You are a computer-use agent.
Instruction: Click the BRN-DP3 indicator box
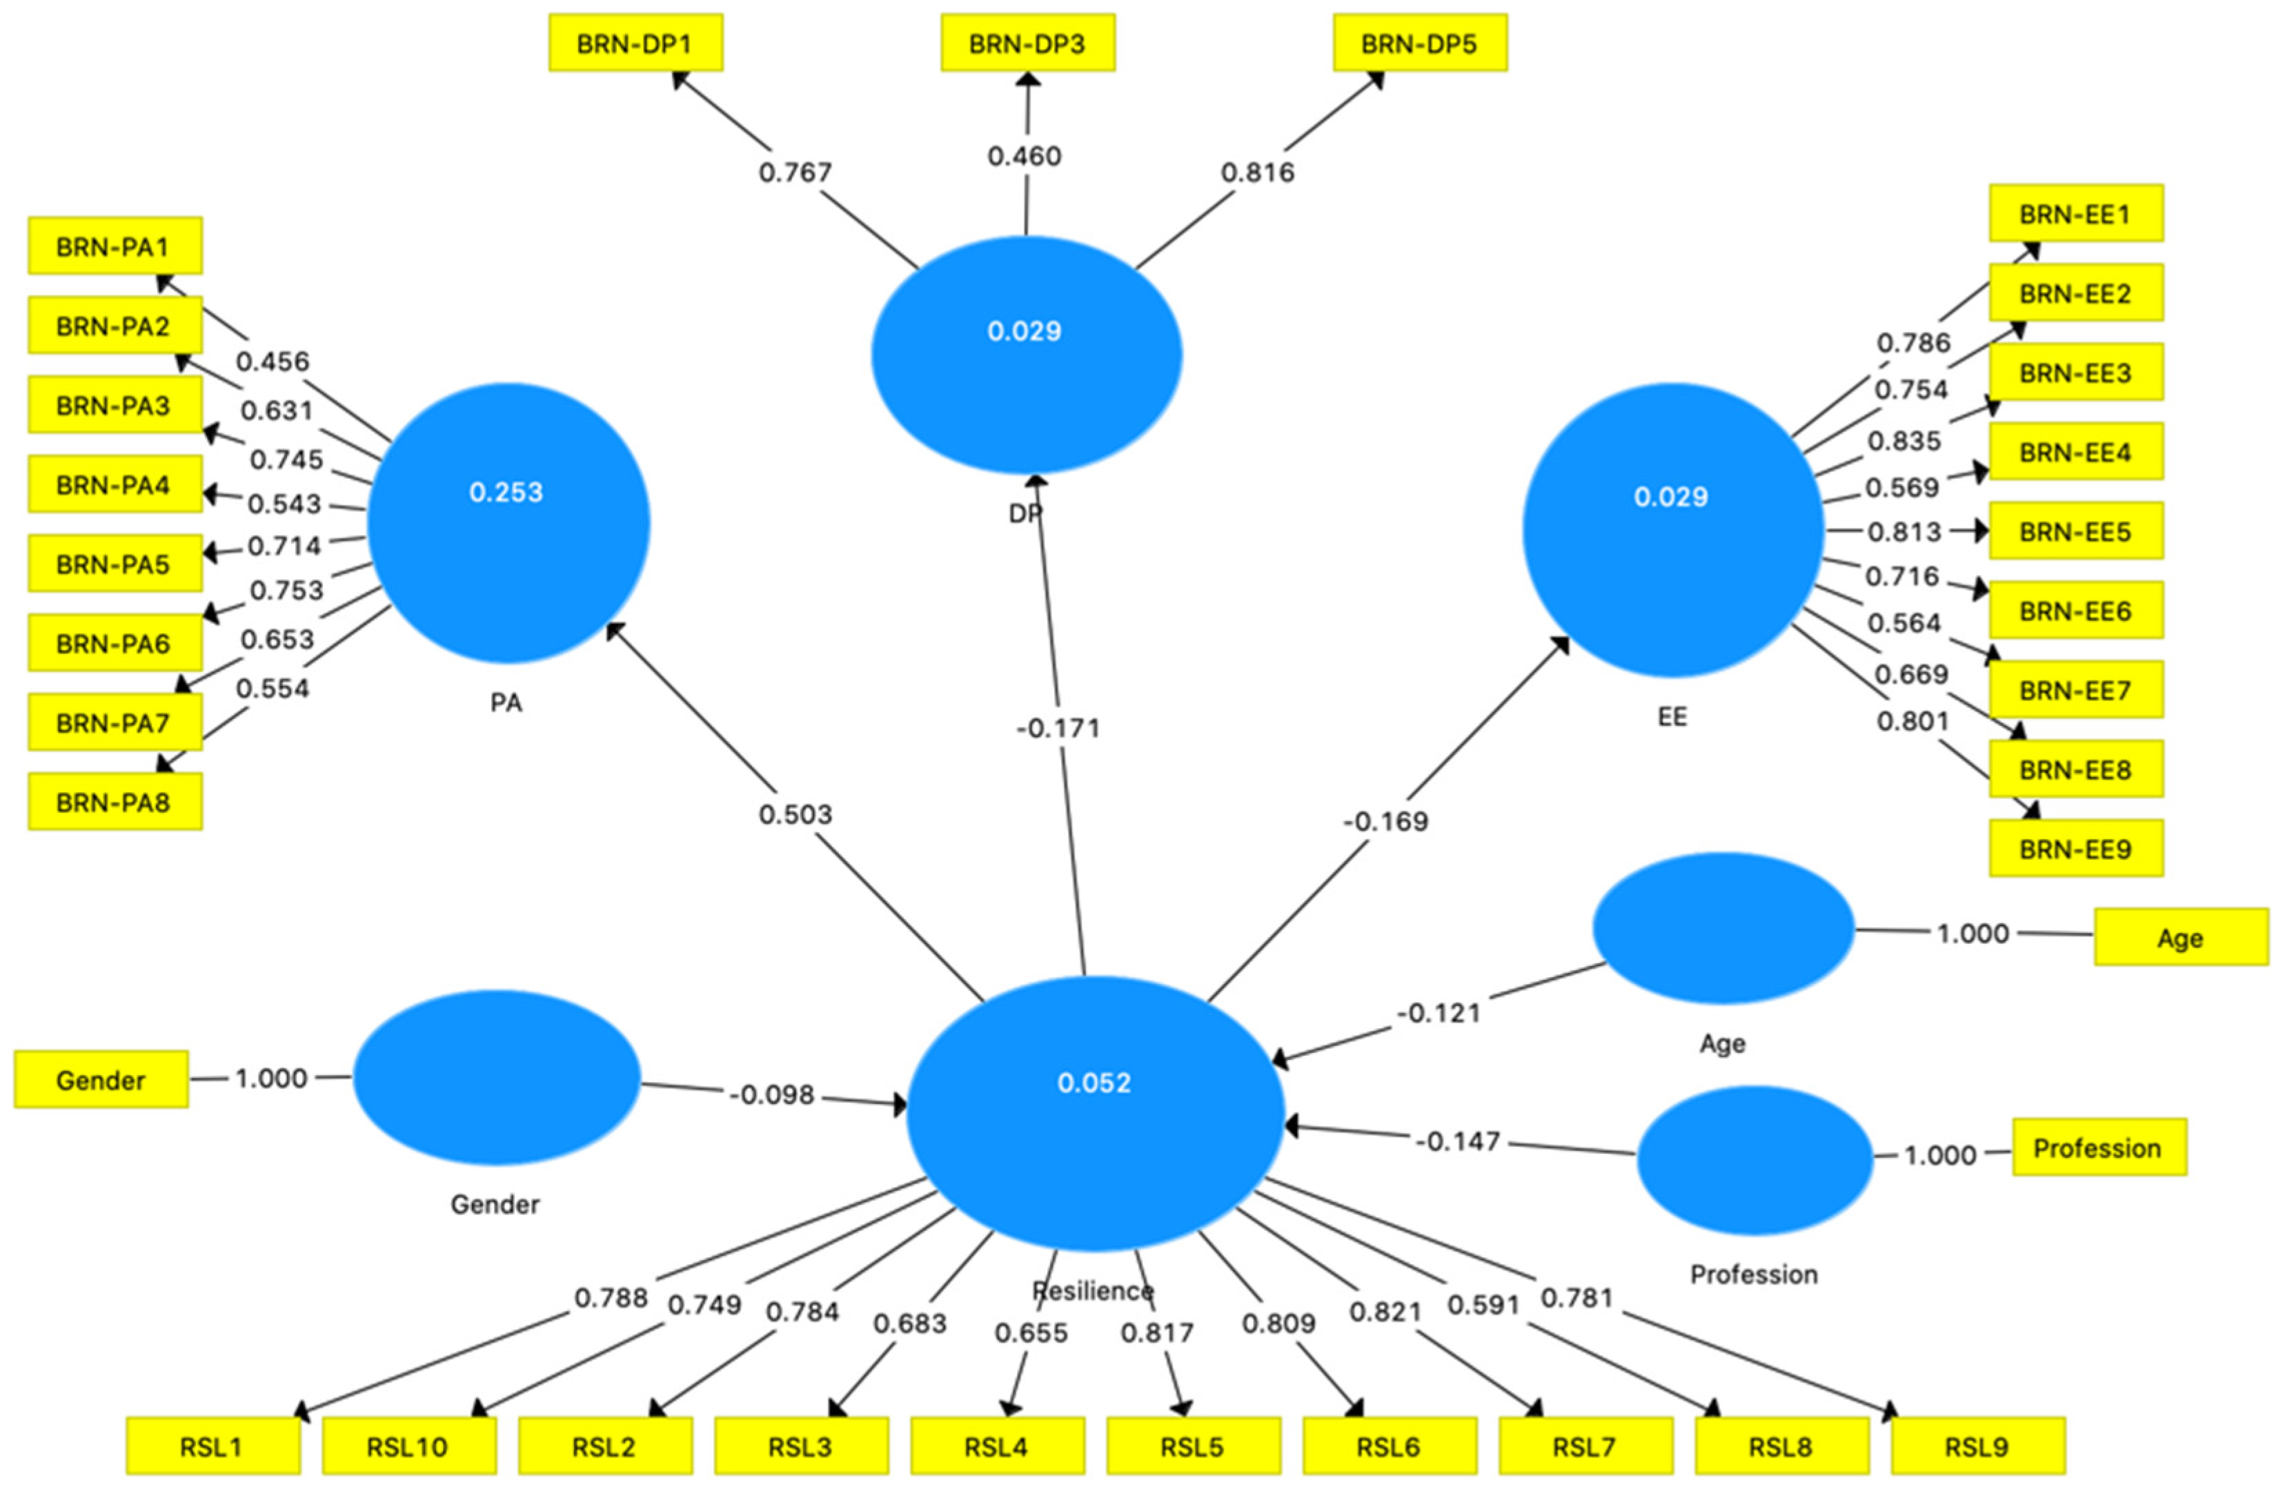pyautogui.click(x=1027, y=43)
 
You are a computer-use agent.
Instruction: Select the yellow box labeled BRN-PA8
pyautogui.click(x=115, y=802)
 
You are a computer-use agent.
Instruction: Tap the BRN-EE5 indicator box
pyautogui.click(x=2076, y=531)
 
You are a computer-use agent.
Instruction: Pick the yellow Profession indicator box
pyautogui.click(x=2099, y=1148)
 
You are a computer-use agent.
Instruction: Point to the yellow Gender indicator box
pyautogui.click(x=101, y=1080)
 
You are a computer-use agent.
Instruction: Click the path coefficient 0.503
pyautogui.click(x=795, y=814)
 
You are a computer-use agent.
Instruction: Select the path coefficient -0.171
pyautogui.click(x=1058, y=728)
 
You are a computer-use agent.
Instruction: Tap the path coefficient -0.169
pyautogui.click(x=1385, y=821)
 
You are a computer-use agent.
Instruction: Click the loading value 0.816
pyautogui.click(x=1258, y=173)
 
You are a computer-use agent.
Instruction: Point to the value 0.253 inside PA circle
pyautogui.click(x=506, y=493)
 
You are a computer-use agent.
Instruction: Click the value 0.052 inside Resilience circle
pyautogui.click(x=1094, y=1083)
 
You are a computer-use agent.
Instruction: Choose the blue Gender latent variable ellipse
pyautogui.click(x=496, y=1077)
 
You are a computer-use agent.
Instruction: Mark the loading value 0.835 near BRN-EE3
pyautogui.click(x=1904, y=441)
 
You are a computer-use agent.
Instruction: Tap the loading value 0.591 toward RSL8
pyautogui.click(x=1483, y=1305)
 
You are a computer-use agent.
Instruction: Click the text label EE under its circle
pyautogui.click(x=1672, y=717)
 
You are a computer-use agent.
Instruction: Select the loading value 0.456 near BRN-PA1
pyautogui.click(x=273, y=362)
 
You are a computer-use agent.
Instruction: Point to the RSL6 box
pyautogui.click(x=1388, y=1446)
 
